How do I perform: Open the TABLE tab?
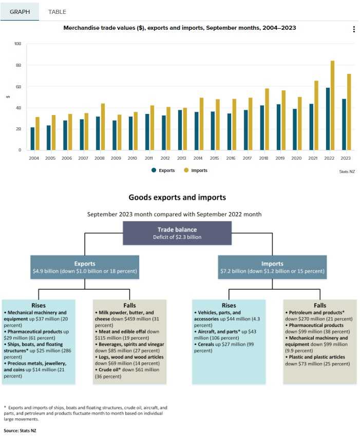57,11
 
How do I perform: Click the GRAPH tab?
20,11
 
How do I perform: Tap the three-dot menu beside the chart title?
354,30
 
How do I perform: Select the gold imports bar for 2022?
332,105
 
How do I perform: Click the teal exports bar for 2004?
33,139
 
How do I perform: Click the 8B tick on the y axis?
18,66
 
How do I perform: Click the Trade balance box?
177,233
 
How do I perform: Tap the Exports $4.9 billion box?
85,267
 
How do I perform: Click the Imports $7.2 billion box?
272,267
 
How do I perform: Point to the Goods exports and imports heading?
177,197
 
